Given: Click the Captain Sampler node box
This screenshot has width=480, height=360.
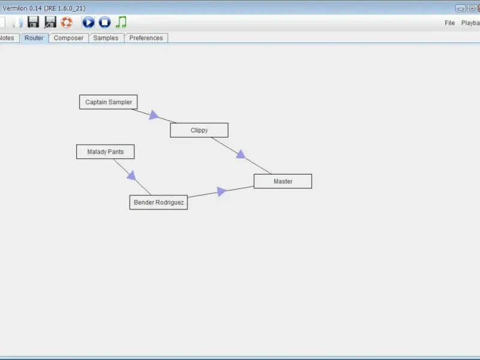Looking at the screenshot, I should pyautogui.click(x=109, y=102).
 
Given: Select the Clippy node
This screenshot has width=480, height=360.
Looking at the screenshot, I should pyautogui.click(x=199, y=130).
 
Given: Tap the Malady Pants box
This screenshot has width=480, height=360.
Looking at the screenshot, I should pyautogui.click(x=105, y=152).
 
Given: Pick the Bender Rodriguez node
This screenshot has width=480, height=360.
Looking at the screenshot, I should pyautogui.click(x=158, y=202).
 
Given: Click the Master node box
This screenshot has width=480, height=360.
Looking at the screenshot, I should pyautogui.click(x=283, y=181).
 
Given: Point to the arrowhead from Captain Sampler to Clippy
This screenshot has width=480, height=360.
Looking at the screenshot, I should pyautogui.click(x=154, y=115).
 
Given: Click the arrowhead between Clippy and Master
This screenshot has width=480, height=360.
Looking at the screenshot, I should pyautogui.click(x=241, y=155).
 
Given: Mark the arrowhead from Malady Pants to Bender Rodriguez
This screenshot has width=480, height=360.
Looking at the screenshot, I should pyautogui.click(x=131, y=175).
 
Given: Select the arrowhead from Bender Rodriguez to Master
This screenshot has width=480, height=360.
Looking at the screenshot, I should pyautogui.click(x=221, y=191).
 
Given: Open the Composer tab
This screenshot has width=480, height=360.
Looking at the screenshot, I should pyautogui.click(x=68, y=38).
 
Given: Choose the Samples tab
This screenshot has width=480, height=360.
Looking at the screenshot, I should pyautogui.click(x=106, y=38).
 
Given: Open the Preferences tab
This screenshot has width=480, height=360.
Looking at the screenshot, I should pyautogui.click(x=146, y=38).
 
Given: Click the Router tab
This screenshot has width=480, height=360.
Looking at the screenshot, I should pyautogui.click(x=34, y=38).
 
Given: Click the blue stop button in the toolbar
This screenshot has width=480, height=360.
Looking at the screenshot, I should pyautogui.click(x=105, y=22).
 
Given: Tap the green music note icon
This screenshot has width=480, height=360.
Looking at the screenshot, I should pyautogui.click(x=121, y=22).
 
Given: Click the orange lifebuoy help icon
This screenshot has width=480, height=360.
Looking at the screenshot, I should pyautogui.click(x=67, y=22).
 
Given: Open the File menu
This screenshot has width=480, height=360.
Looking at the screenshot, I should pyautogui.click(x=449, y=23).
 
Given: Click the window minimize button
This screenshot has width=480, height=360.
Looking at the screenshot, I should pyautogui.click(x=460, y=8).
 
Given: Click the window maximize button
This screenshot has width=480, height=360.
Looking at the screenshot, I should pyautogui.click(x=472, y=8).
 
